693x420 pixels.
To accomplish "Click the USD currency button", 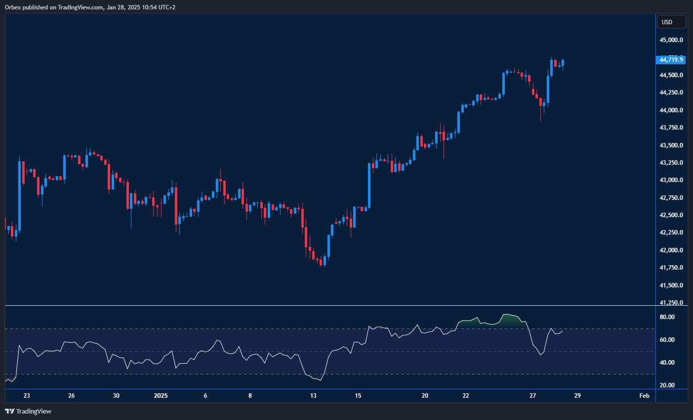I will tap(671, 22).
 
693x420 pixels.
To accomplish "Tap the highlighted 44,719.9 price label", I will tap(671, 60).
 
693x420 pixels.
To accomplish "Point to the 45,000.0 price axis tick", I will tap(671, 40).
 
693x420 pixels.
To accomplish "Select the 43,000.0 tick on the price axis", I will tap(671, 180).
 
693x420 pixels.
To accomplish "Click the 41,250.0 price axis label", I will tap(671, 303).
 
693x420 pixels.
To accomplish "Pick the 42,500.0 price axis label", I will tap(671, 215).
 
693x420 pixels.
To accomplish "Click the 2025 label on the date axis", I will tap(161, 396).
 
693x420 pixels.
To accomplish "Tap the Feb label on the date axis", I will tap(644, 396).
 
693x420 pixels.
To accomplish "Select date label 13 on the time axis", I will tap(313, 396).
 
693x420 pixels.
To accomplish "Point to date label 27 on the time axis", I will tap(532, 396).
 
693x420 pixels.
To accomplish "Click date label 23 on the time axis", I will tap(27, 396).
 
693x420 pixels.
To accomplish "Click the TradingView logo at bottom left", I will tap(28, 411).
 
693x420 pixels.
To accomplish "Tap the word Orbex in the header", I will tap(13, 7).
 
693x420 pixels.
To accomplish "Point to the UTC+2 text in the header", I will tap(165, 7).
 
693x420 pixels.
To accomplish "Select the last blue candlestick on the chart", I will tap(564, 63).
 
